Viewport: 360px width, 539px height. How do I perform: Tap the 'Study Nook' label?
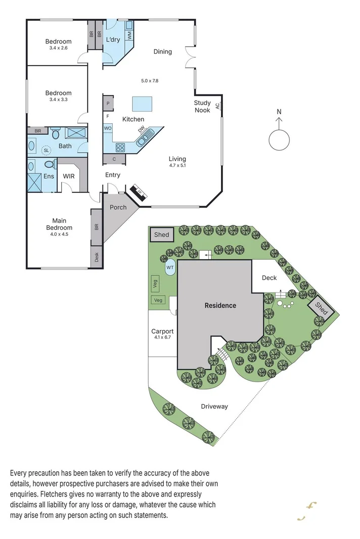202,107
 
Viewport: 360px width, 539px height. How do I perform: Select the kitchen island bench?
143,104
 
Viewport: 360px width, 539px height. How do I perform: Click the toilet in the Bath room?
56,134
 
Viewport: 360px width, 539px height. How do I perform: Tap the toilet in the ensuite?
50,165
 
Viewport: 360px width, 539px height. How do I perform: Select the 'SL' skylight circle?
47,151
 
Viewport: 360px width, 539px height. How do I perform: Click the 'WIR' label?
69,176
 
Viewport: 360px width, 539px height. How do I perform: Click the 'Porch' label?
118,207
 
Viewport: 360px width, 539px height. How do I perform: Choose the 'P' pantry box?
108,104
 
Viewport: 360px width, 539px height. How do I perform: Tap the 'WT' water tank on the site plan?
170,268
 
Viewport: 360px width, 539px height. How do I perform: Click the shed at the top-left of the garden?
162,235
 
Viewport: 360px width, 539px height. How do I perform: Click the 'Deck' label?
269,278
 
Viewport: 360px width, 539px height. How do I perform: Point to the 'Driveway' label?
214,406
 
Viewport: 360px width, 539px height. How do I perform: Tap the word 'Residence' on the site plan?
220,305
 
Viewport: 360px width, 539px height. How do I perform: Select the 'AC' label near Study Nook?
217,106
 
